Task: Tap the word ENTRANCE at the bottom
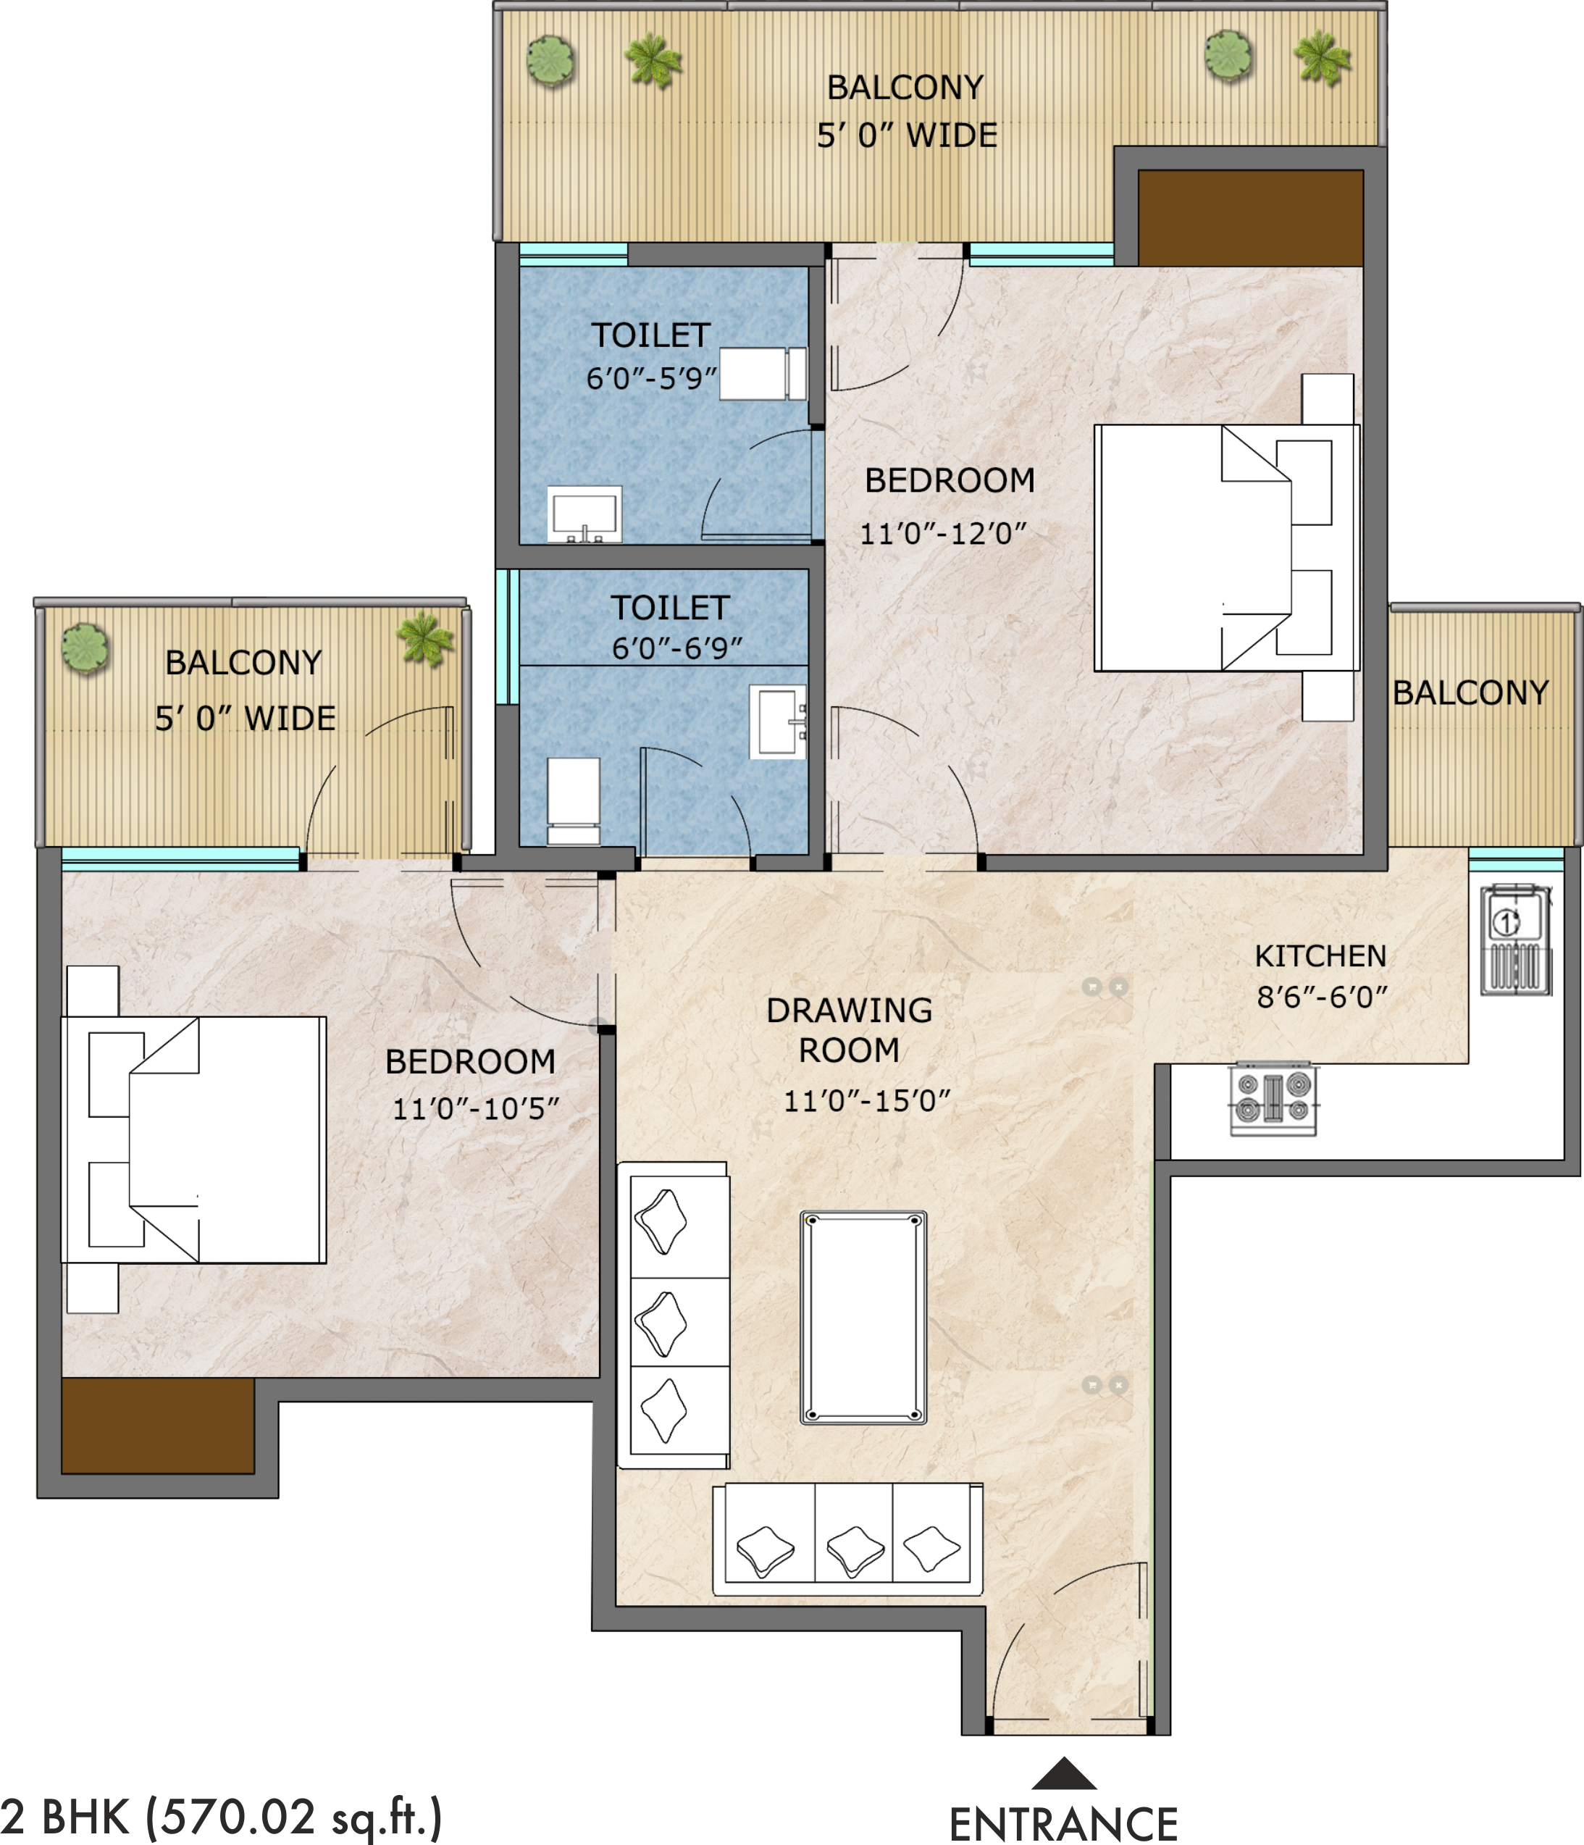point(1064,1823)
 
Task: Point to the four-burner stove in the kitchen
point(1273,1099)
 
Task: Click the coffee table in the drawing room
point(863,1317)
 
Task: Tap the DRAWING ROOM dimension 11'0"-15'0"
point(866,1102)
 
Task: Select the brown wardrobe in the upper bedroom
point(1251,218)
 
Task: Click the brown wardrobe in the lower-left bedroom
point(158,1426)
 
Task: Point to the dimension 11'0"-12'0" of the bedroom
point(943,533)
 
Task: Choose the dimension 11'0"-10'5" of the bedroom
point(475,1108)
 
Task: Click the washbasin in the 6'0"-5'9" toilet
point(584,514)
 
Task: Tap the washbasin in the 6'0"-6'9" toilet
point(778,721)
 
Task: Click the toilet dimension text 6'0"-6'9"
point(676,648)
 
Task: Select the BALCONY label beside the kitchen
point(1471,693)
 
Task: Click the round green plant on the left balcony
point(85,648)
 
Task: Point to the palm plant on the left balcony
point(424,638)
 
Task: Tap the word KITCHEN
point(1321,956)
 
